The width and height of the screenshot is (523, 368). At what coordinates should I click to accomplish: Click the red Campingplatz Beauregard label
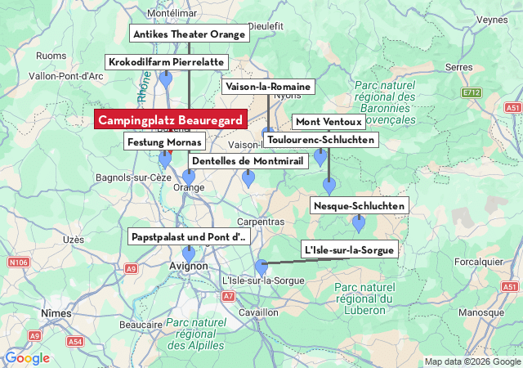170,120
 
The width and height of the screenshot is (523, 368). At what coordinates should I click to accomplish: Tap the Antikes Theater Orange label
189,34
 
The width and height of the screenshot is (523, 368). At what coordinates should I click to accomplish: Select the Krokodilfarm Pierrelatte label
166,62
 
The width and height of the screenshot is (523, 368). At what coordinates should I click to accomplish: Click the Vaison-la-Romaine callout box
267,86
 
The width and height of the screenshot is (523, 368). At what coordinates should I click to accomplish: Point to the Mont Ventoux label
329,122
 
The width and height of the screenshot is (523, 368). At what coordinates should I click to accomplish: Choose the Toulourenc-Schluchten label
320,140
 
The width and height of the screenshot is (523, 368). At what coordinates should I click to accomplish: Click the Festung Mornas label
163,142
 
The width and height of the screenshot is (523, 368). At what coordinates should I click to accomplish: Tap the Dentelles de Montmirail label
248,160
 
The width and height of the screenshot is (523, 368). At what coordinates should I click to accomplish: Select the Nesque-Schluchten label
359,205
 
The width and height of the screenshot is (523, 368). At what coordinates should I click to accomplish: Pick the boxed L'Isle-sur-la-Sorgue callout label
349,249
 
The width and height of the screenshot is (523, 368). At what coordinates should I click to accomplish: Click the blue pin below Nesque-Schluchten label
359,223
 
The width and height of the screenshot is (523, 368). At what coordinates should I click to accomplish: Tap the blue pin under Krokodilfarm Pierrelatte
166,79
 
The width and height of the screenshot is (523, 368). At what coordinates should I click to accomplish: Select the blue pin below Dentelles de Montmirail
248,177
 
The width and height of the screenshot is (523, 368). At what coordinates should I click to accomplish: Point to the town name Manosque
481,312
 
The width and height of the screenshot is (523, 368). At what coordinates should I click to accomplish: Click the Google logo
27,358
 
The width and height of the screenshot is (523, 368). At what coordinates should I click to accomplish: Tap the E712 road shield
471,93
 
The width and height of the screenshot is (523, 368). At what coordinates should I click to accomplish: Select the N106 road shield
18,263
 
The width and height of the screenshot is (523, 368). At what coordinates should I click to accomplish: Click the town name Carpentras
260,222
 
